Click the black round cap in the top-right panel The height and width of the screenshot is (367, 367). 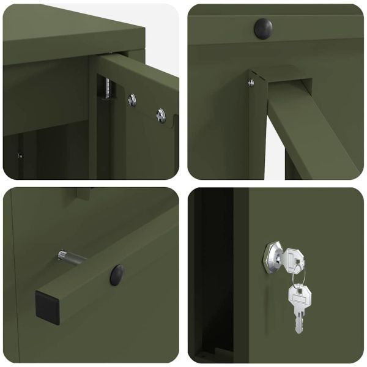263,28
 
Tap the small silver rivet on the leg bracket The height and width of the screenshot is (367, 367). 251,83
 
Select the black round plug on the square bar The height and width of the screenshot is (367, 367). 117,275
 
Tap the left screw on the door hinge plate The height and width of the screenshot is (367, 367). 132,98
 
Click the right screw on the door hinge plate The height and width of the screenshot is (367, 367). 160,114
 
